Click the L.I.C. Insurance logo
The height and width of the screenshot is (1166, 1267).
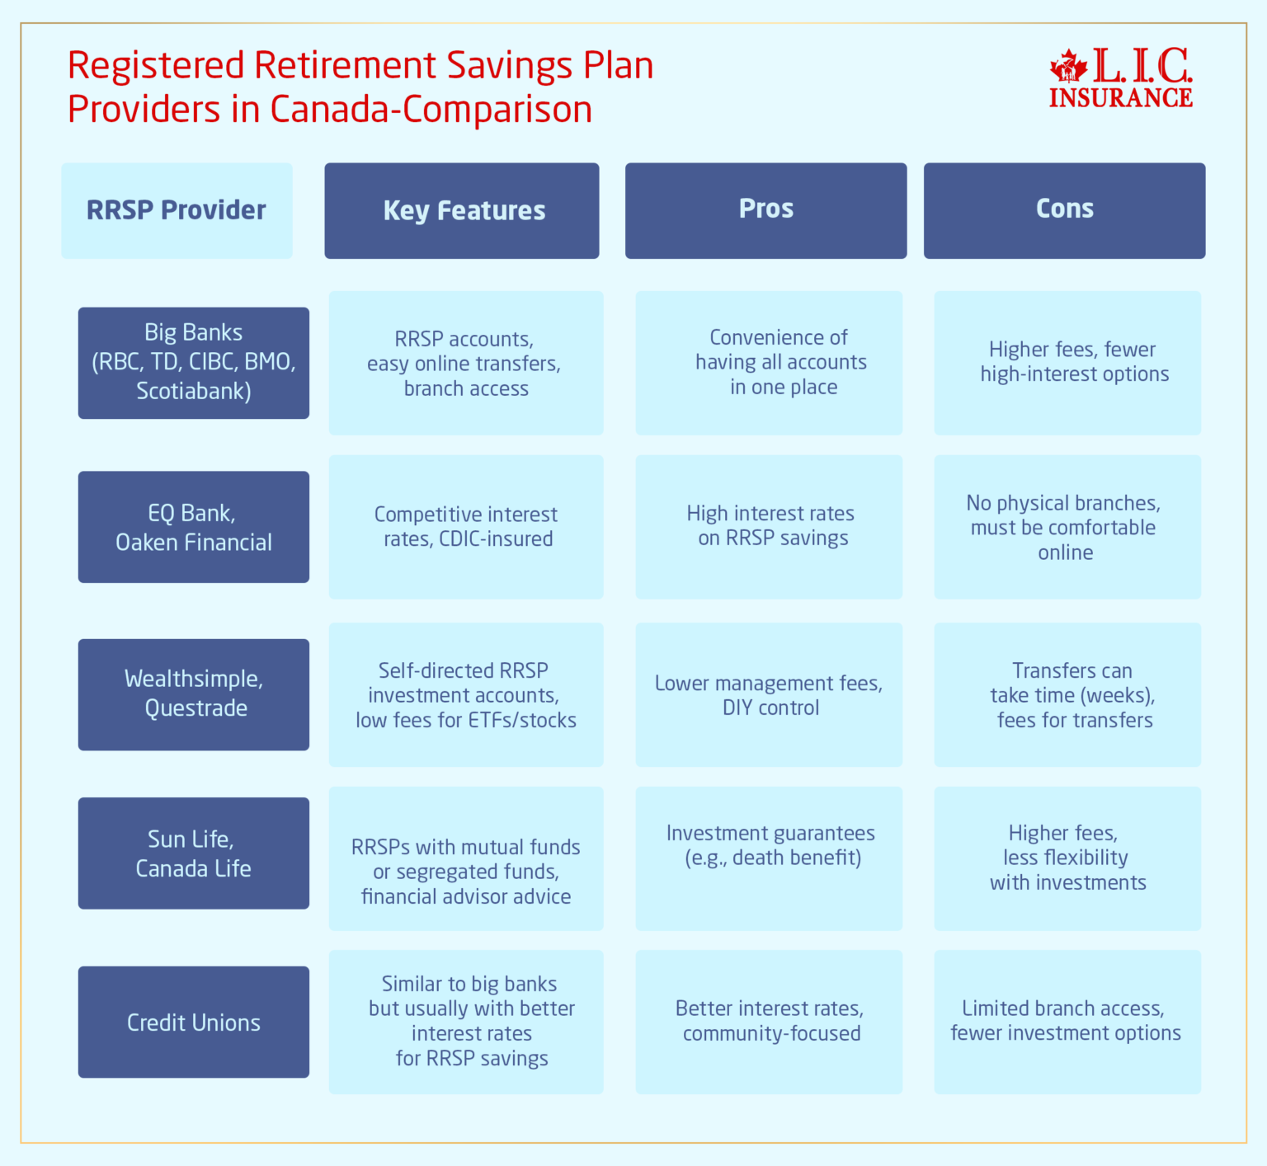1121,78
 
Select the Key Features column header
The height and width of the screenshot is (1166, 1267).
462,210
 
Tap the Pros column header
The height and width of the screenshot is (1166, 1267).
765,210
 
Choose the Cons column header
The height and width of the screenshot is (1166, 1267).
1064,210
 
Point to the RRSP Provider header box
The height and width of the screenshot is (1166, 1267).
177,210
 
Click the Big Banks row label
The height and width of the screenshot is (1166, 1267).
194,363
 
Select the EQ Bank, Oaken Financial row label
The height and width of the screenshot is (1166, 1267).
194,527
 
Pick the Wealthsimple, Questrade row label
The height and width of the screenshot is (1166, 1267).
194,694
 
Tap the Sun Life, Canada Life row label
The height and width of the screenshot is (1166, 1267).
194,853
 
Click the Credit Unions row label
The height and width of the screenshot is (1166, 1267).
194,1022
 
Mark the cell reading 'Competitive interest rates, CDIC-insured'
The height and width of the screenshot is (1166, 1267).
466,527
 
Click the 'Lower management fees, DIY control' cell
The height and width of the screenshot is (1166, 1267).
769,694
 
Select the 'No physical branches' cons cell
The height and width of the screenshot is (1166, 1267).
1067,527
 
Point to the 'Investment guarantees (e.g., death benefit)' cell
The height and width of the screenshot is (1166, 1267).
769,858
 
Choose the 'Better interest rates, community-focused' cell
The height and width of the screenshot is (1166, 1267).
769,1022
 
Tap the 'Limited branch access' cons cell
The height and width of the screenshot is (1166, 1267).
1067,1022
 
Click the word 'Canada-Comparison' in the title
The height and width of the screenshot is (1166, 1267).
431,110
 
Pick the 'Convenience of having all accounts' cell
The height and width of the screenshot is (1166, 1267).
769,363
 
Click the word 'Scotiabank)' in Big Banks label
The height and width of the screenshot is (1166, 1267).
194,391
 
